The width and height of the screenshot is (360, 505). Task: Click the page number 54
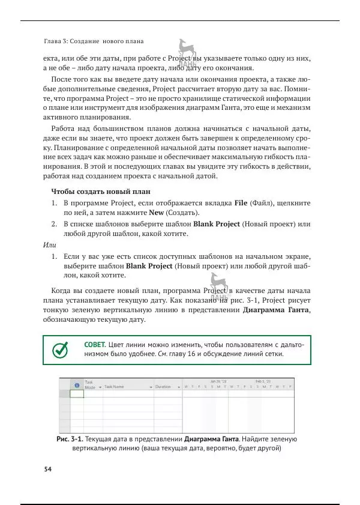coord(48,470)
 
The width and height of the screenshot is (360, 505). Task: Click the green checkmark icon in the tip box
coord(61,349)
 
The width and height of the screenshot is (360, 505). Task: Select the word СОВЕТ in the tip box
coord(95,345)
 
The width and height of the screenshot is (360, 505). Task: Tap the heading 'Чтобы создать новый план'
coord(100,192)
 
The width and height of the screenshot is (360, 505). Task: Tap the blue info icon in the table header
coord(77,386)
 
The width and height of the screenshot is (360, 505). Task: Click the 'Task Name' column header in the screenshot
coord(114,387)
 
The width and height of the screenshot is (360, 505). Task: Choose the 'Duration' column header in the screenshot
coord(163,387)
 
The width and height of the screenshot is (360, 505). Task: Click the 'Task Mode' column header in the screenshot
coord(90,385)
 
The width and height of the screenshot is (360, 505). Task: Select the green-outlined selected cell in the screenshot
coord(77,394)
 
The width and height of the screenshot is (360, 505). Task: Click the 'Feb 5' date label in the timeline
coord(263,381)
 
